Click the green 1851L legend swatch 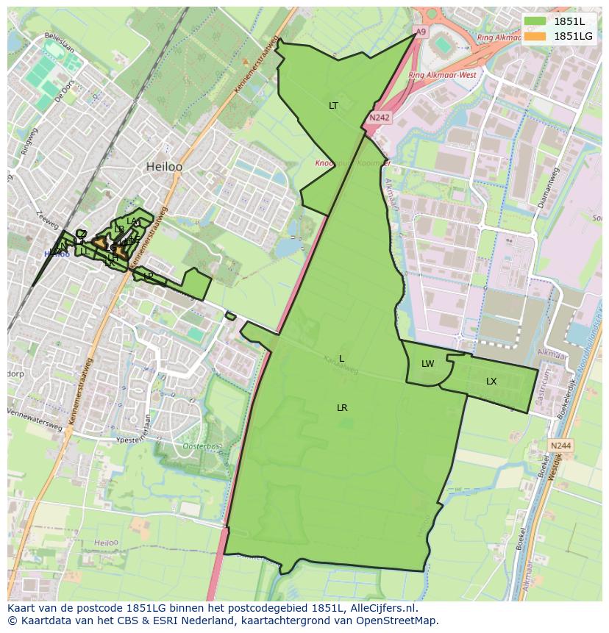click(535, 21)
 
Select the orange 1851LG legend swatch click(535, 35)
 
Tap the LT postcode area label click(333, 106)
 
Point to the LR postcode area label click(342, 408)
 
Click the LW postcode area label click(427, 364)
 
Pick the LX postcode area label click(491, 382)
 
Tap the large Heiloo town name click(164, 167)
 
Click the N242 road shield click(380, 117)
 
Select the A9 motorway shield click(419, 32)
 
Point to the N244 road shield click(560, 446)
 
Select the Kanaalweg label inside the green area click(341, 365)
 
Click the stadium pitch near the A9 click(443, 46)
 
